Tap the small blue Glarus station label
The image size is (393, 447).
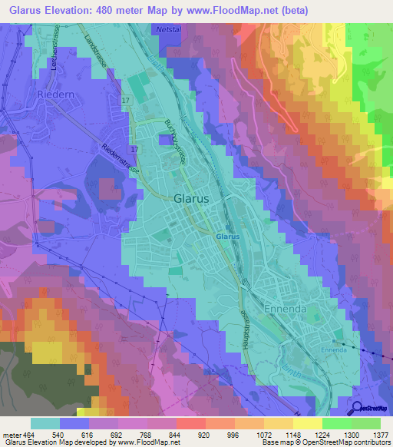227,237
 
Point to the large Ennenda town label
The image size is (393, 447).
285,308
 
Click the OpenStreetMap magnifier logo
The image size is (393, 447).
358,409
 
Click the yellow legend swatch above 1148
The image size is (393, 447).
279,423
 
